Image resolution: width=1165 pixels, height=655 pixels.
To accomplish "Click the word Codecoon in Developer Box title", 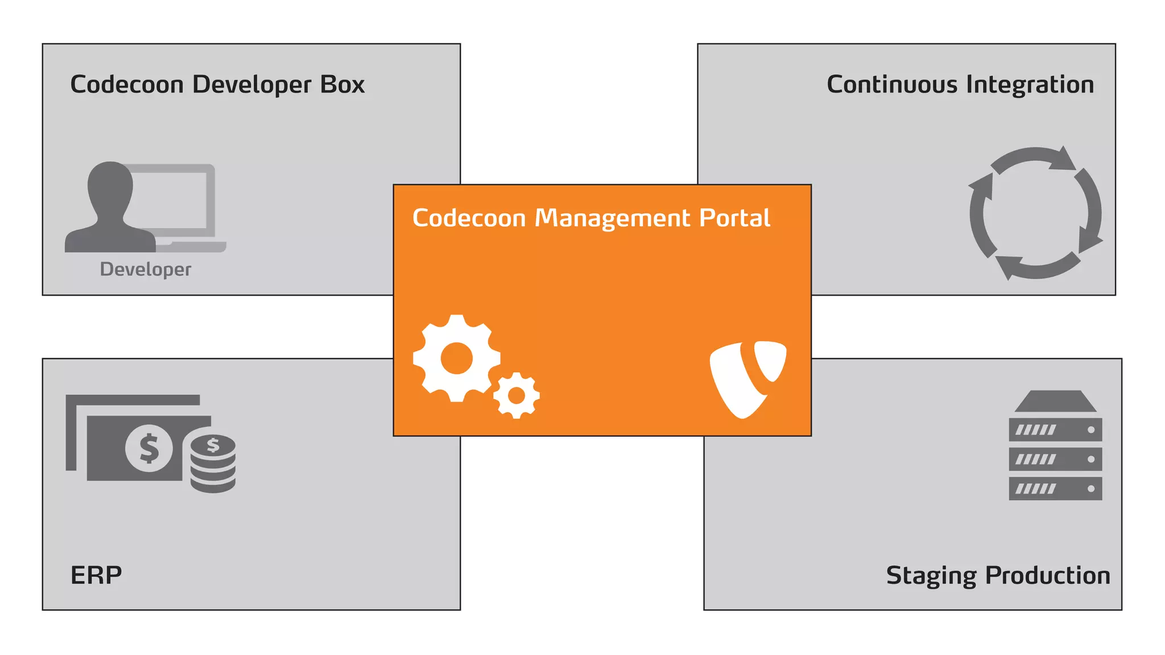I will [126, 84].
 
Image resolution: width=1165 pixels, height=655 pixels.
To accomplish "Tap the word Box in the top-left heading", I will [342, 84].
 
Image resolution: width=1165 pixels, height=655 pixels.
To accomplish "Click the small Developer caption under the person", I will [146, 269].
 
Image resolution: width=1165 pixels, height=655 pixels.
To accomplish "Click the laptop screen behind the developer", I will [171, 199].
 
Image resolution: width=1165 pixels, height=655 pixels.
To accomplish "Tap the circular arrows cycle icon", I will [1035, 213].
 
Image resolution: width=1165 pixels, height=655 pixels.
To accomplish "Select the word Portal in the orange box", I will [734, 218].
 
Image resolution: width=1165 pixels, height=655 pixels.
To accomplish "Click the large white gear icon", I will [456, 358].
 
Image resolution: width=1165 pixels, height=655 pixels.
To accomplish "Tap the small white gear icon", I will [516, 395].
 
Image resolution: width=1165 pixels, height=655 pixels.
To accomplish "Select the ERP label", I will [96, 575].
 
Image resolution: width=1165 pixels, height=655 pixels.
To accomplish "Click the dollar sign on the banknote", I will [149, 449].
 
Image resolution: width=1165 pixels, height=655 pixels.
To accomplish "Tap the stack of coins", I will [213, 463].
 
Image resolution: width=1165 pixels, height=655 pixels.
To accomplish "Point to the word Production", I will [1047, 575].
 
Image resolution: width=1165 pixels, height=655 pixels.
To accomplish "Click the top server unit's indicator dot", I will [1090, 430].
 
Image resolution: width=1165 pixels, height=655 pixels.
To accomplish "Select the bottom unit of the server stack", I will [1055, 489].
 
